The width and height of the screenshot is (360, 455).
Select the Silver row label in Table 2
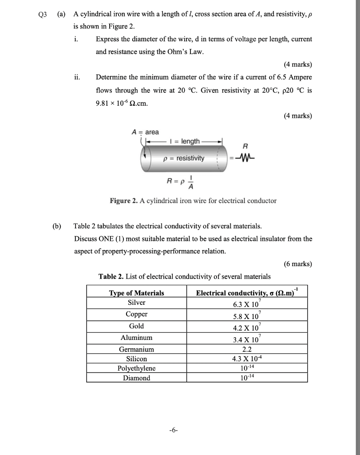pos(136,303)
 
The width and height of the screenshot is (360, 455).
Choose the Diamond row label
pos(136,378)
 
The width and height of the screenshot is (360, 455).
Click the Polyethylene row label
pos(136,368)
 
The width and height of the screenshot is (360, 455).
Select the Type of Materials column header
pos(136,293)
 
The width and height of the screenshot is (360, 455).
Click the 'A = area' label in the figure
pos(145,132)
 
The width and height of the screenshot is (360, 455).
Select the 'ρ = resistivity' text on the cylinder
pos(184,158)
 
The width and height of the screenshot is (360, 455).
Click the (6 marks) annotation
pos(297,264)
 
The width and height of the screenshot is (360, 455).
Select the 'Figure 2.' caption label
pos(124,201)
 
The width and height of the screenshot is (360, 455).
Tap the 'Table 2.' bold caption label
pos(111,276)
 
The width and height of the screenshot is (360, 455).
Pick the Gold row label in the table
pos(136,326)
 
